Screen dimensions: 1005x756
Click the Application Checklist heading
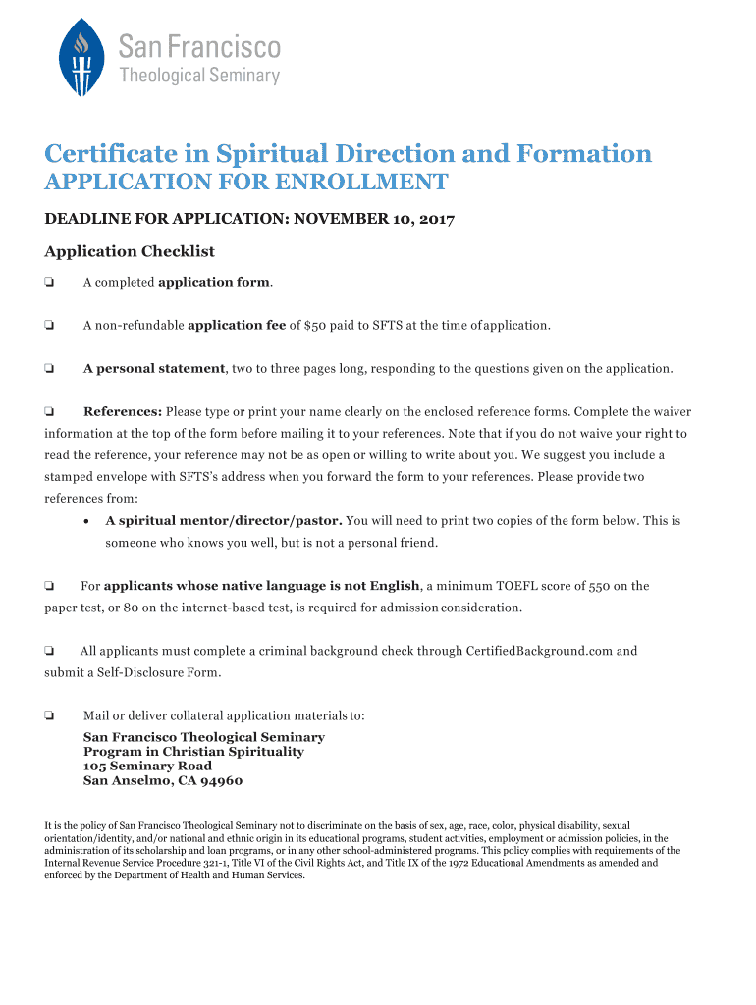click(x=130, y=252)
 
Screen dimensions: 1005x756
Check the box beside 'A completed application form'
click(x=49, y=283)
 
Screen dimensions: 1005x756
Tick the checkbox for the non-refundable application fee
click(x=49, y=326)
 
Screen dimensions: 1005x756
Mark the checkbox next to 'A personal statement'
click(x=49, y=369)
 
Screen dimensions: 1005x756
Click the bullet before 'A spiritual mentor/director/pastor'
click(x=87, y=521)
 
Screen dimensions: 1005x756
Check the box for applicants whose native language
click(x=49, y=586)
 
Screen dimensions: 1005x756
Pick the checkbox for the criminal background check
click(x=49, y=651)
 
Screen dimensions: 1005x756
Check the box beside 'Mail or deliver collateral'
click(x=49, y=715)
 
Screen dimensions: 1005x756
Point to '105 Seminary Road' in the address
click(x=147, y=766)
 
